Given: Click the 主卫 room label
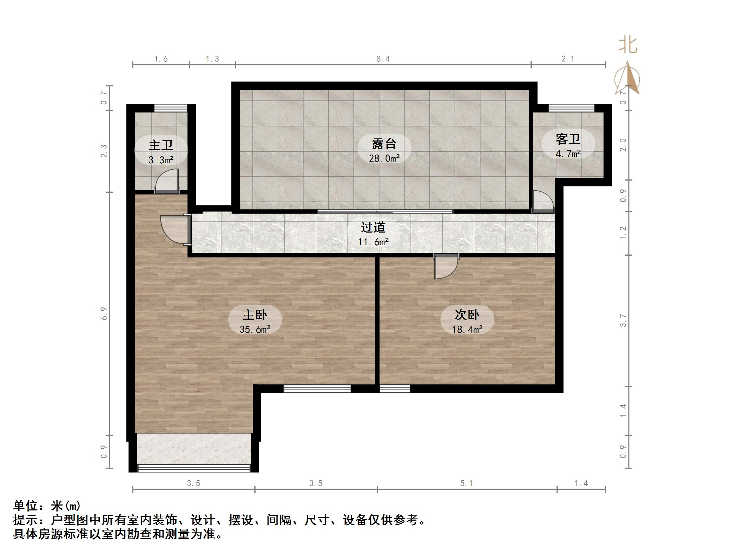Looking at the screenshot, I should pos(161,145).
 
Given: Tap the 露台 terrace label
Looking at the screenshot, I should pos(384,144).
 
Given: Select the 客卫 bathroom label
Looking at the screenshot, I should pos(568,139).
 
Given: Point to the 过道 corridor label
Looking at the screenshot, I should pos(373,228).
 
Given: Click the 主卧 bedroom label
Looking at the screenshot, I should pos(255,314).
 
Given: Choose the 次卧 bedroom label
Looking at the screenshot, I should pos(467,314).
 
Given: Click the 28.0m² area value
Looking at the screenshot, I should pos(384,158).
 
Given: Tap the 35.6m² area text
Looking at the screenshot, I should pos(255,330).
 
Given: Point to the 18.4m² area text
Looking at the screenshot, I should pos(467,330).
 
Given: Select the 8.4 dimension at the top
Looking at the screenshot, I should pos(383,59).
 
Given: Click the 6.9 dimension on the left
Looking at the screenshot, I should pos(104,313).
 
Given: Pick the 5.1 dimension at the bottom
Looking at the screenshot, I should pos(467,483).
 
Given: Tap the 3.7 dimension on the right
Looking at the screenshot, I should pos(623,320).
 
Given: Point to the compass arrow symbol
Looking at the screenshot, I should pos(627,79).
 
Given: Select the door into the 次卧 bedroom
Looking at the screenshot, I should pos(445,266).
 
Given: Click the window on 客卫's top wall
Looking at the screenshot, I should pos(571,108).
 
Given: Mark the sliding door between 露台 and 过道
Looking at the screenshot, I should pos(385,211).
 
